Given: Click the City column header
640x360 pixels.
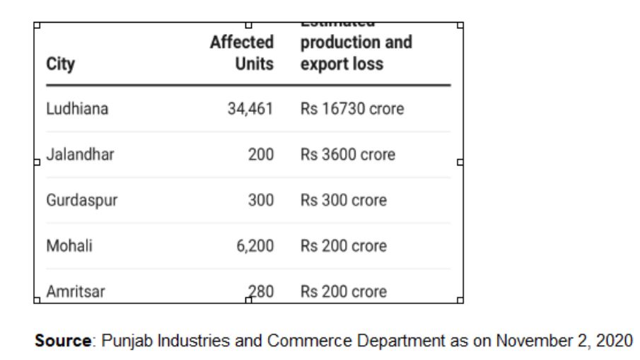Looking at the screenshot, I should pos(60,64).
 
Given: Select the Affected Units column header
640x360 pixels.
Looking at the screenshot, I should pos(242,54).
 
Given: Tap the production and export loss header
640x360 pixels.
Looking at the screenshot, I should pos(356,54).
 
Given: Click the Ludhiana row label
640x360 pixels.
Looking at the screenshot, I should pos(77,110).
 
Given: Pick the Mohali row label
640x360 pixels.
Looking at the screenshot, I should pos(69,246).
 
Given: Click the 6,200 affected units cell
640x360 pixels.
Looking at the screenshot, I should pos(255,246).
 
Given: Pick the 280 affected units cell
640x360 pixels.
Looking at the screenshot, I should pos(260,291).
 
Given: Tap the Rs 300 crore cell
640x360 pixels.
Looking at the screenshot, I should pos(344,200).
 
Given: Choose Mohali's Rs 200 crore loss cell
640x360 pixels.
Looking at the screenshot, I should pos(344,246).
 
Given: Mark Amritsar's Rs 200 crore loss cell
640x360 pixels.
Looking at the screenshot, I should pos(344,291).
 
